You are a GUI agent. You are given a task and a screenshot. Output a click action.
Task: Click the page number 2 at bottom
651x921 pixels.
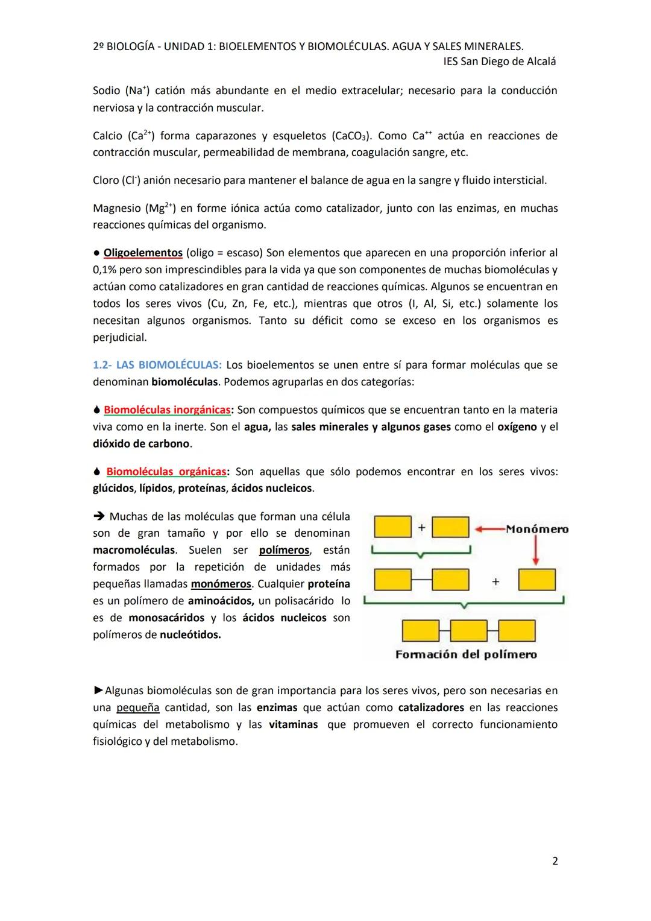[x=555, y=861]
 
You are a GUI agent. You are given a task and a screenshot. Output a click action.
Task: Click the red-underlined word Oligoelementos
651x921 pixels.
[x=143, y=253]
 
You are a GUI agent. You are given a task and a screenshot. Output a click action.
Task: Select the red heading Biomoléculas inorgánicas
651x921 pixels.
[x=167, y=410]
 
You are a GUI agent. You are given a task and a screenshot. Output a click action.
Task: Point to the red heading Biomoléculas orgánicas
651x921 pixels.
[x=166, y=472]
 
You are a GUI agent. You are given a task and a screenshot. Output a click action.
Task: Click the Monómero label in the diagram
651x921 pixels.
[x=536, y=529]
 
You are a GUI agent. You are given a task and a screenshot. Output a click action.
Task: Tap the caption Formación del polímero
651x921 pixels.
[x=466, y=654]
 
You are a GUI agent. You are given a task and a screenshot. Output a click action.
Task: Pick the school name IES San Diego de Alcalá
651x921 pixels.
[x=499, y=62]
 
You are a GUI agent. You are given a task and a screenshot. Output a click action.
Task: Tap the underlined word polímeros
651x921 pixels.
[x=284, y=550]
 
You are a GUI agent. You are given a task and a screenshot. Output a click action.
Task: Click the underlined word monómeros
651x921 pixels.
[x=221, y=584]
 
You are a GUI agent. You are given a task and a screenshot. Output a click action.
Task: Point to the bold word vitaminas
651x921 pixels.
[x=293, y=724]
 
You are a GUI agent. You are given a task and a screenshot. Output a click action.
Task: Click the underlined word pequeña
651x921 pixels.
[x=137, y=707]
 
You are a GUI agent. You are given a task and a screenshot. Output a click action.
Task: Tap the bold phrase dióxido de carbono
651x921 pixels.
[x=141, y=444]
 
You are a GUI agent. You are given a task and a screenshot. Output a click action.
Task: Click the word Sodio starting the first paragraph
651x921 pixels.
[x=107, y=90]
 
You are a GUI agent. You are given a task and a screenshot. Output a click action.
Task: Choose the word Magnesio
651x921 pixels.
[x=116, y=209]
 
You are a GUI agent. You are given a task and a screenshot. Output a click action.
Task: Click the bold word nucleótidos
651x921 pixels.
[x=190, y=635]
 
